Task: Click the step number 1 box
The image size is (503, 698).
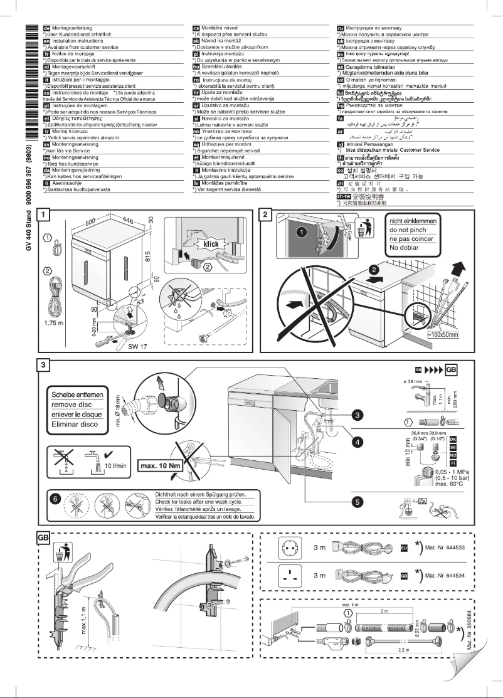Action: pyautogui.click(x=43, y=214)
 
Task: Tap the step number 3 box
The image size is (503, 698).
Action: pyautogui.click(x=43, y=365)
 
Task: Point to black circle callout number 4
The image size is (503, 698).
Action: pyautogui.click(x=357, y=442)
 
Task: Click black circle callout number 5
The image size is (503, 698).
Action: pyautogui.click(x=357, y=501)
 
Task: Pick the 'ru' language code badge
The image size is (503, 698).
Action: pyautogui.click(x=342, y=28)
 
